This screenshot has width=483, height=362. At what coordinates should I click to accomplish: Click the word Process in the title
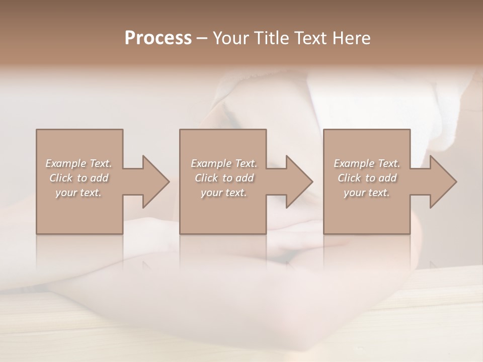click(x=158, y=38)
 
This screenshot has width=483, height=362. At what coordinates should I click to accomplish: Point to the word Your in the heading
click(x=230, y=38)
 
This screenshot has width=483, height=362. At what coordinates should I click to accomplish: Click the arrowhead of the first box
click(x=154, y=182)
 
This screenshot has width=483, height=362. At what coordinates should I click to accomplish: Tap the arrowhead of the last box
click(x=442, y=182)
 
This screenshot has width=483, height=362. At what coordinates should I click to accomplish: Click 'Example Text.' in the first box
click(x=78, y=163)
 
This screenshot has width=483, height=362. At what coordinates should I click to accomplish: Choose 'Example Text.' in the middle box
click(x=224, y=163)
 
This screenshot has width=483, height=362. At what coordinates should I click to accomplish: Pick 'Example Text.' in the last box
click(x=367, y=163)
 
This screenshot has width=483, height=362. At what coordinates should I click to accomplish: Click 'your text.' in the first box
click(x=78, y=193)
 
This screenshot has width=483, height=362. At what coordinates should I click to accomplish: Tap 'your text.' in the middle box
click(x=224, y=193)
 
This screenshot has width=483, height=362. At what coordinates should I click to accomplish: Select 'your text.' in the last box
click(x=367, y=193)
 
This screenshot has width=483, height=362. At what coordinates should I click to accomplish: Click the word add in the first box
click(x=100, y=178)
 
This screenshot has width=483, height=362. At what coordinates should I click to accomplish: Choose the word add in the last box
click(x=388, y=178)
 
